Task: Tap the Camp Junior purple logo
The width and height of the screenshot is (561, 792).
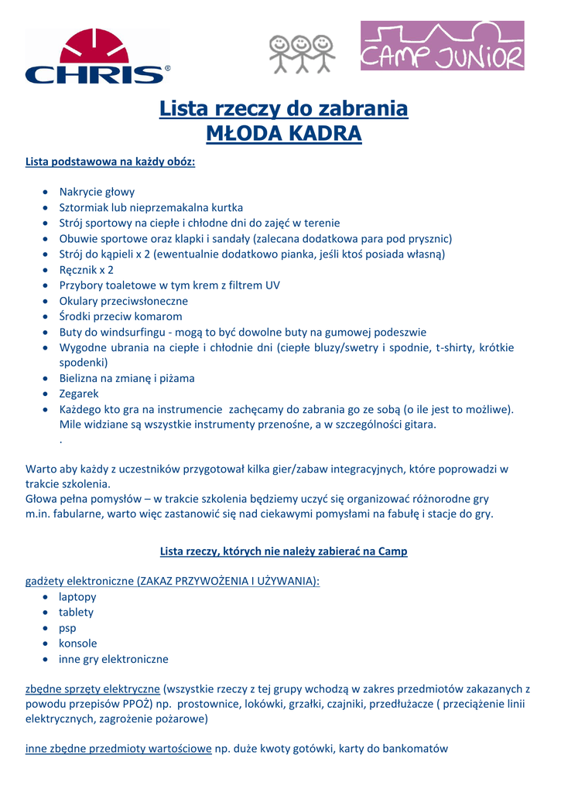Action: click(442, 46)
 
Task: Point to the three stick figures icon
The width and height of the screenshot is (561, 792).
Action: click(302, 55)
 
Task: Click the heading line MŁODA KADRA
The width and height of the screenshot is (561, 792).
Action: click(283, 134)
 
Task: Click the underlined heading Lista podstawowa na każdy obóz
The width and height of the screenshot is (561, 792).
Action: click(111, 162)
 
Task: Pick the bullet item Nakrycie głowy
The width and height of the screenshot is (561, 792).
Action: click(97, 192)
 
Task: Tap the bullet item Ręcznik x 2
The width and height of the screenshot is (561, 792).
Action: click(86, 270)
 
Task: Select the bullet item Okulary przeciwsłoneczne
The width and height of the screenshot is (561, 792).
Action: click(123, 301)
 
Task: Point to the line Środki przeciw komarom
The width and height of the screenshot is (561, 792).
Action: click(121, 316)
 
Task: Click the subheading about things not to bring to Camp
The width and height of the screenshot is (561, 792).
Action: click(283, 551)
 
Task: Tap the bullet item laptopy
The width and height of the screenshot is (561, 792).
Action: click(77, 597)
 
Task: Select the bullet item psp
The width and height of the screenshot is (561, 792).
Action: click(67, 628)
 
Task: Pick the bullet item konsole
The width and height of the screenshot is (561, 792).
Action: click(77, 643)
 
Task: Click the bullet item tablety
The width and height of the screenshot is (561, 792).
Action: click(76, 613)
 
